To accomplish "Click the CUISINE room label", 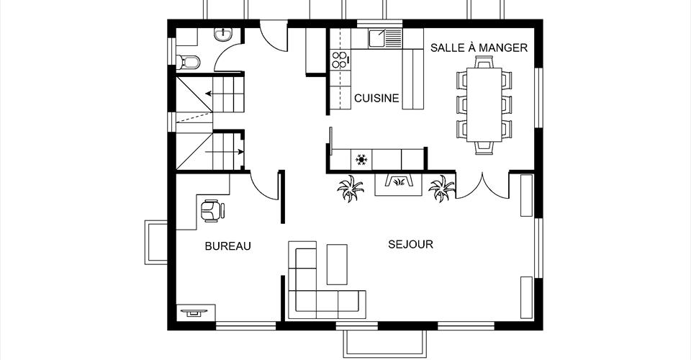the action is click(376, 98).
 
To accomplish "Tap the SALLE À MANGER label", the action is click(479, 48).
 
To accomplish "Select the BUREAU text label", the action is click(228, 246).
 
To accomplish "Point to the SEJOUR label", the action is click(411, 244).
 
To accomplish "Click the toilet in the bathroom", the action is click(188, 62).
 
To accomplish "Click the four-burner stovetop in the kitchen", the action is click(340, 60).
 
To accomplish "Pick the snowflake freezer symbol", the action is click(361, 159).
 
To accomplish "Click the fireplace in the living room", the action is click(398, 184).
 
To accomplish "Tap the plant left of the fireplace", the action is click(351, 188).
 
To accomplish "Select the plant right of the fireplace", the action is click(441, 188).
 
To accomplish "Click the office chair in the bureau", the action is click(212, 211).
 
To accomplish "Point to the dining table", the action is click(484, 104).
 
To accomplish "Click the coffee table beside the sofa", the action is click(337, 264).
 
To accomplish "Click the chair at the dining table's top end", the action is click(484, 64).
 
